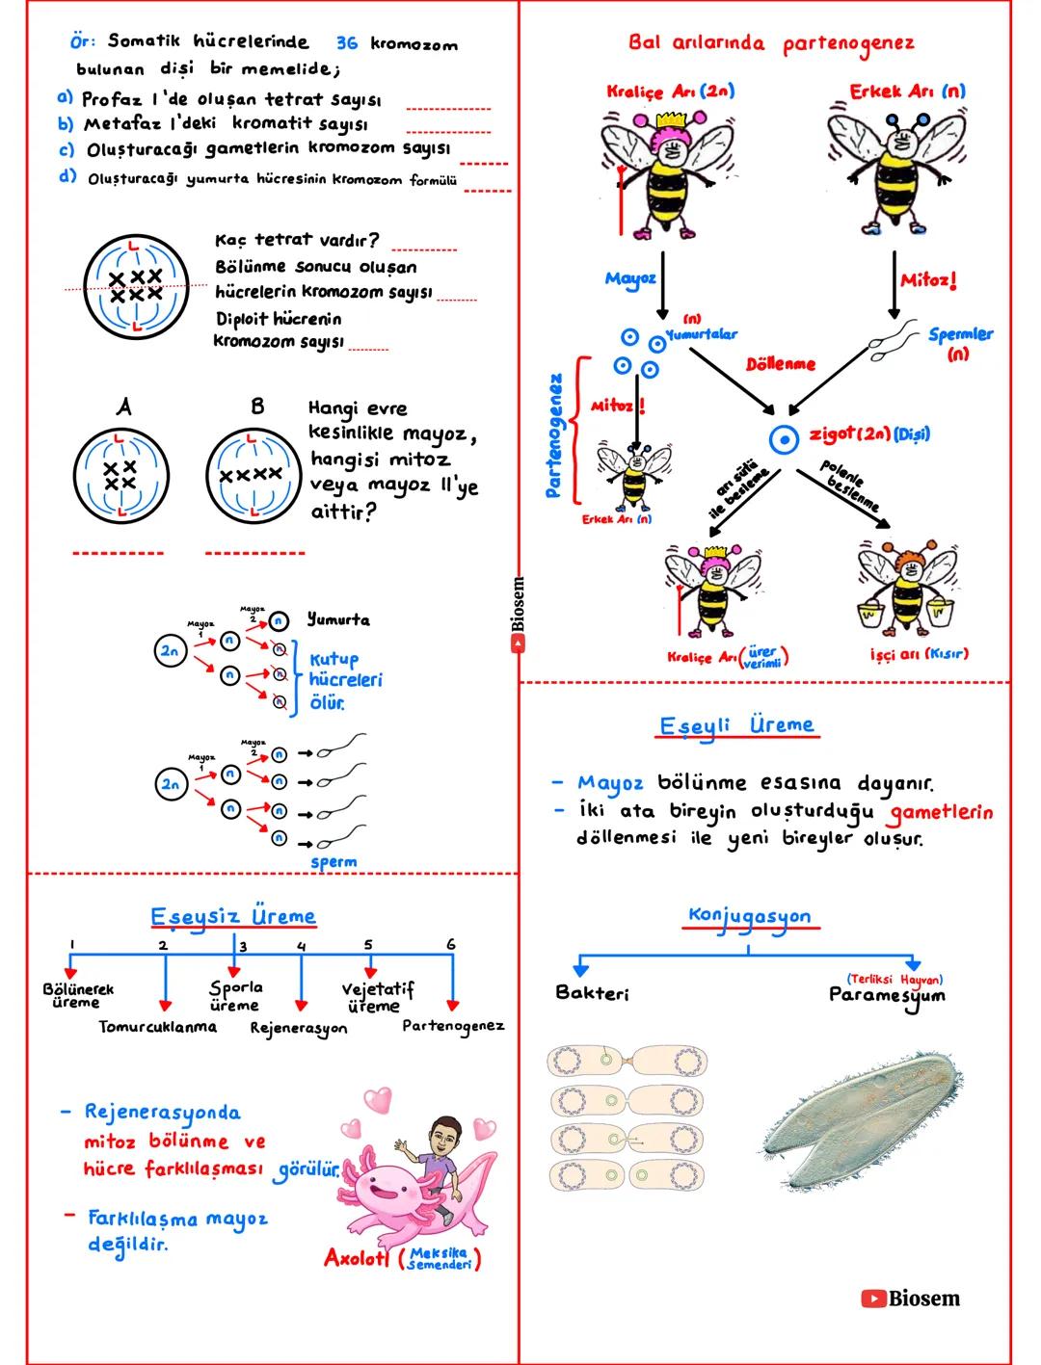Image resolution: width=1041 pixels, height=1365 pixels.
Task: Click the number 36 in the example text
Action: click(347, 44)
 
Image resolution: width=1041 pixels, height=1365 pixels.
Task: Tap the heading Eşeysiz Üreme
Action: click(232, 915)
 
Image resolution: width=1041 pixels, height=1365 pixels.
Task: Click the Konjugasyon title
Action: click(749, 915)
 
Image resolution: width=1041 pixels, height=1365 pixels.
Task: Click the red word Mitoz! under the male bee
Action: click(928, 281)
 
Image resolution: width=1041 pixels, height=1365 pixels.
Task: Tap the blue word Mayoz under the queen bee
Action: click(630, 279)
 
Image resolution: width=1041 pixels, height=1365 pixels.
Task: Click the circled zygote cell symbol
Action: click(785, 438)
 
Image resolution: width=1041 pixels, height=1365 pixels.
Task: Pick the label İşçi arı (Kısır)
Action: click(919, 654)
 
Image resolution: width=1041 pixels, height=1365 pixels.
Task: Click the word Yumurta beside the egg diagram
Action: click(337, 619)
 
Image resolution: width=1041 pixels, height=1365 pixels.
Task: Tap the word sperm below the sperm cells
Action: click(334, 862)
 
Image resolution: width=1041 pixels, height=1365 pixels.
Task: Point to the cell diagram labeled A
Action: click(121, 474)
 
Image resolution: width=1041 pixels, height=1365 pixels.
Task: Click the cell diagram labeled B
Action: click(253, 474)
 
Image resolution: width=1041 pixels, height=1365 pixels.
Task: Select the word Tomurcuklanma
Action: click(157, 1027)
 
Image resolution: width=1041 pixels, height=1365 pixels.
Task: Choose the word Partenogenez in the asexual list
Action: click(453, 1026)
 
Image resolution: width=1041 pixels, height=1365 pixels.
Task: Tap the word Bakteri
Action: click(592, 993)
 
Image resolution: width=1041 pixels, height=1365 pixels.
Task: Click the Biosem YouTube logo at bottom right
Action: click(910, 1299)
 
